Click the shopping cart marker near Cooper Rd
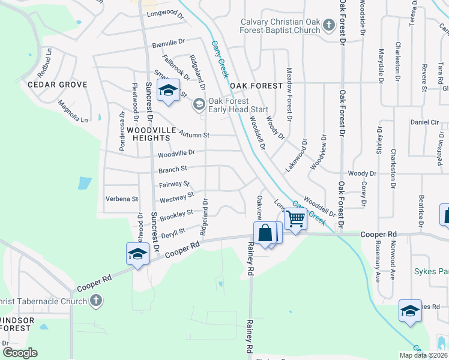[x=295, y=219]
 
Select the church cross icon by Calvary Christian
[x=328, y=25]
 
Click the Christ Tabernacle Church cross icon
[x=96, y=301]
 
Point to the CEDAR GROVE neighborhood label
[x=58, y=85]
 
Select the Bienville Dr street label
[x=169, y=43]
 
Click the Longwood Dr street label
[x=164, y=13]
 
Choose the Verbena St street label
[x=122, y=199]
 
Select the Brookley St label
[x=176, y=213]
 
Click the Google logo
[x=20, y=353]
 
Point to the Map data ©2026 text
[x=423, y=355]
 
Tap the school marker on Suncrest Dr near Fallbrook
[x=168, y=91]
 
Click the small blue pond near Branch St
[x=85, y=182]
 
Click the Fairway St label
[x=175, y=184]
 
